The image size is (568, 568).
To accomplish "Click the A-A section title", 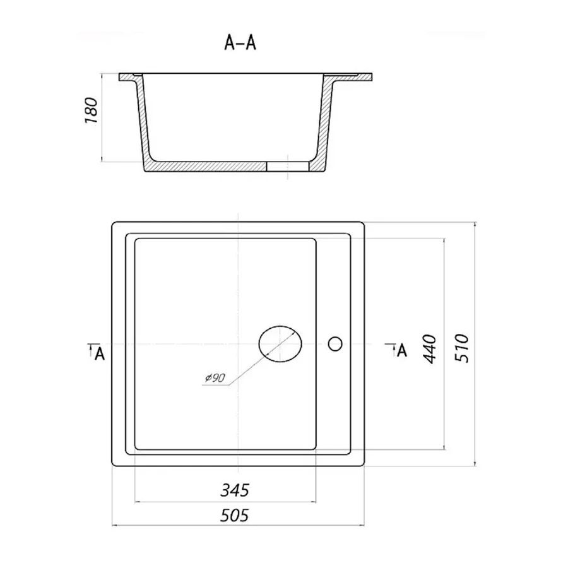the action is [x=240, y=43].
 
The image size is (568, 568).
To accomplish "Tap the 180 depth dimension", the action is [x=92, y=110].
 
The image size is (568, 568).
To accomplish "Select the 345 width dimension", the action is [x=235, y=490].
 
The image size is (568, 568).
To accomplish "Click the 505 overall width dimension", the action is [x=235, y=515].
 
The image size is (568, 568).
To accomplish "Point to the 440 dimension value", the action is [x=430, y=349].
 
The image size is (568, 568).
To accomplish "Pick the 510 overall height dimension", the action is [x=462, y=348].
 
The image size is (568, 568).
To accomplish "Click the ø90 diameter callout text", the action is [x=215, y=378].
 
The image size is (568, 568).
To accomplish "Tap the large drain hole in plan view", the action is [x=280, y=344].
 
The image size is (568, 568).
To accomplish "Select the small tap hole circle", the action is [x=335, y=343].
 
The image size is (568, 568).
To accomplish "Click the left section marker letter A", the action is [x=100, y=353].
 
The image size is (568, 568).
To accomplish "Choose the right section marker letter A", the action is [x=402, y=350].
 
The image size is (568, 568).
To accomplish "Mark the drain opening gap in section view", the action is [x=288, y=166].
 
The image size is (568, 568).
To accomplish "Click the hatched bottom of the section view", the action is [x=206, y=167].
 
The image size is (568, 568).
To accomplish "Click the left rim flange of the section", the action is [x=129, y=77].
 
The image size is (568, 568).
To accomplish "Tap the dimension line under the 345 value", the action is [x=225, y=502].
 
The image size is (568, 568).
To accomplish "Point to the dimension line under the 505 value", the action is [x=238, y=525].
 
